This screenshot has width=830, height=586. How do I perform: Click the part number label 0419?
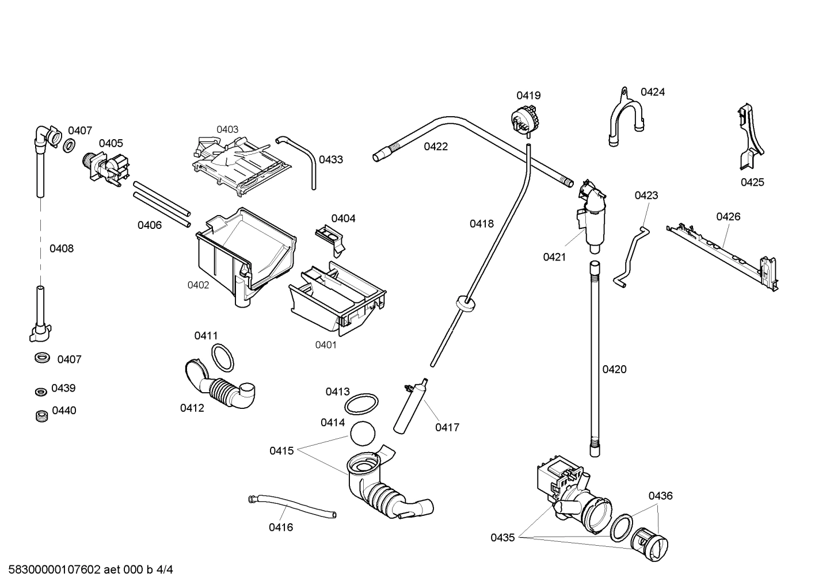click(x=528, y=95)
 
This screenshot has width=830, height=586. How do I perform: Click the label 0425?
click(x=752, y=182)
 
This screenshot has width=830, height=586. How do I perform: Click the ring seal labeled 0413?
click(x=361, y=404)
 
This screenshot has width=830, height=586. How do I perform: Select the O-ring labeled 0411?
click(x=223, y=358)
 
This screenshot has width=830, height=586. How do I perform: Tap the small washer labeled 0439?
click(x=40, y=392)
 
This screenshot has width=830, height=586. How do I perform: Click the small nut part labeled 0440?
click(x=40, y=415)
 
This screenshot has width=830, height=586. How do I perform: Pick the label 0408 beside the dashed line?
click(x=61, y=248)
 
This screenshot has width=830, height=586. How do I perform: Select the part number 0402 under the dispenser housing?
click(x=198, y=285)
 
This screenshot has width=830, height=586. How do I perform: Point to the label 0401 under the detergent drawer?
click(x=326, y=344)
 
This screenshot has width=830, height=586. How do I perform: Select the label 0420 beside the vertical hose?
click(x=614, y=369)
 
